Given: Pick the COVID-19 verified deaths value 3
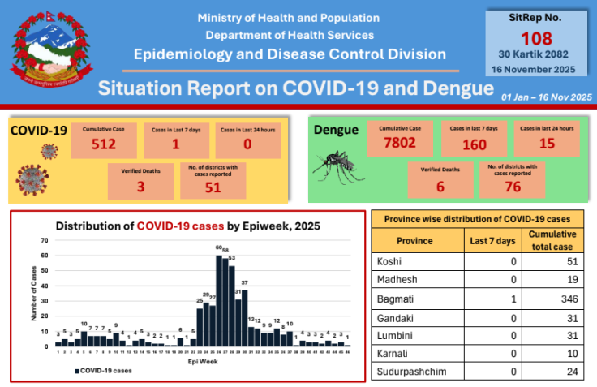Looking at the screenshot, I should [x=140, y=185].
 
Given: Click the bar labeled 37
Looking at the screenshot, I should [x=244, y=316].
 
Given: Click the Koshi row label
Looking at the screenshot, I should [x=391, y=261].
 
